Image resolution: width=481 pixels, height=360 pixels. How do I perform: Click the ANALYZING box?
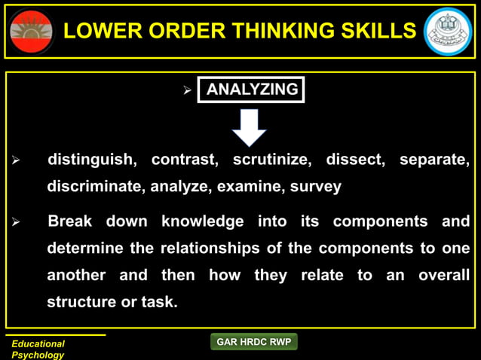[251, 90]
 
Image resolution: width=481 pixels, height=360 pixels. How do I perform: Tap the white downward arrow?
[249, 127]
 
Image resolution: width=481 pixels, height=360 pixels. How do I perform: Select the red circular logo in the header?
[32, 31]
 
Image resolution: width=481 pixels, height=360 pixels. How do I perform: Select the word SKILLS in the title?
[380, 31]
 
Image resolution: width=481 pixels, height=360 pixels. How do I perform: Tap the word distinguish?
[92, 160]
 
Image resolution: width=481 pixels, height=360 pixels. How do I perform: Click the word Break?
[69, 221]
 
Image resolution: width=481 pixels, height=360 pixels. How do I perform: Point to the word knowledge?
[202, 221]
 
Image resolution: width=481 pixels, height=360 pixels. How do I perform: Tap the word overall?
[444, 276]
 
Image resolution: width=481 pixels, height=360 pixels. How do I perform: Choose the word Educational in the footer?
[38, 343]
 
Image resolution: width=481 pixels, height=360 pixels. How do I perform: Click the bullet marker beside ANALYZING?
[188, 91]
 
